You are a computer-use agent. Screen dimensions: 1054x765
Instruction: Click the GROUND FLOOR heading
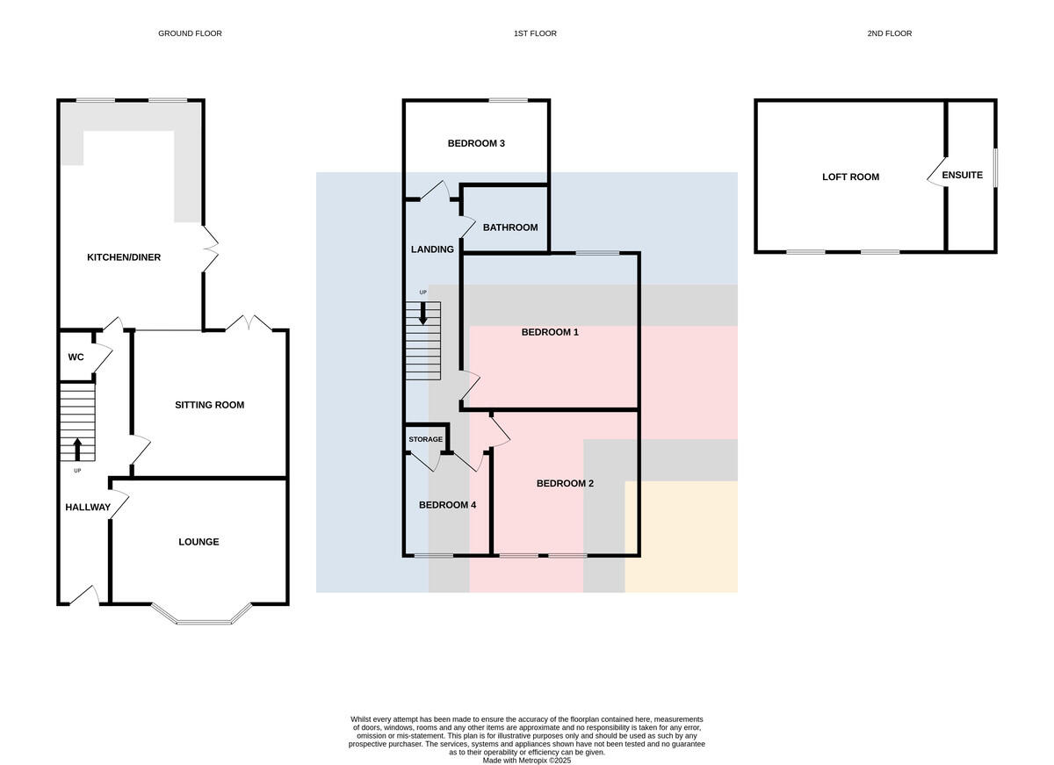190,33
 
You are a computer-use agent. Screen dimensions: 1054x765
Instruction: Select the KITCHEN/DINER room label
124,257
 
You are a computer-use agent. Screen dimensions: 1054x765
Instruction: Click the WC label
76,357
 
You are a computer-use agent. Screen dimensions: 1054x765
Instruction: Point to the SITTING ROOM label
209,405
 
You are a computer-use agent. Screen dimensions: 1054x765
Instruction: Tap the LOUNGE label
199,542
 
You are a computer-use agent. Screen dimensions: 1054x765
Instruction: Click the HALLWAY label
88,507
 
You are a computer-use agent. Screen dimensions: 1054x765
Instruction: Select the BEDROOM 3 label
476,143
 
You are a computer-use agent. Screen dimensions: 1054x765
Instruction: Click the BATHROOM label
510,227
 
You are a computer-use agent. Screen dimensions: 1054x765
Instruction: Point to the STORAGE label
426,439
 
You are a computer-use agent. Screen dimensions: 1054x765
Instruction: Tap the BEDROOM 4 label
447,505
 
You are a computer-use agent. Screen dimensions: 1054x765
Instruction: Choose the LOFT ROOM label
851,177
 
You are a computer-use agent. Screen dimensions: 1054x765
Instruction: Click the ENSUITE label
963,176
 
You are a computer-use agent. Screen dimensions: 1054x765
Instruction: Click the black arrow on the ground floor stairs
77,450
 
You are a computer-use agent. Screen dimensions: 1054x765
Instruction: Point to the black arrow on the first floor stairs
423,314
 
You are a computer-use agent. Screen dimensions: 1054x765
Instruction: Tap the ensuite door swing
936,173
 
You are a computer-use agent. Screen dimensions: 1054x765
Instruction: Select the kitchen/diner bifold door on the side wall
210,249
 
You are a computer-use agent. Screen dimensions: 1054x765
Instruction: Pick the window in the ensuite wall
996,169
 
